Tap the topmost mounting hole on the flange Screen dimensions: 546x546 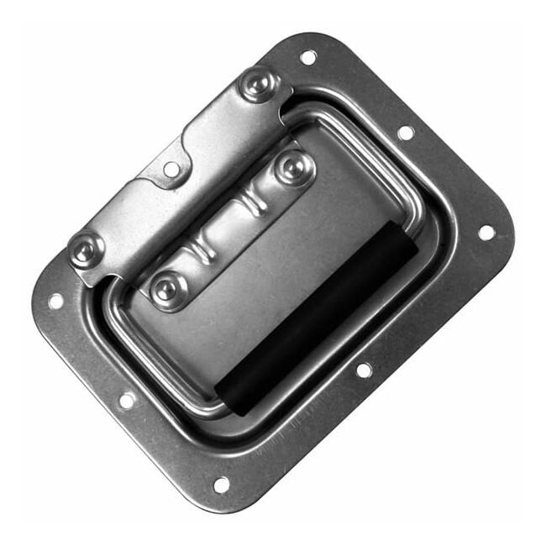pyautogui.click(x=308, y=57)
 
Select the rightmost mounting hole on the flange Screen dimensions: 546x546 pyautogui.click(x=486, y=232)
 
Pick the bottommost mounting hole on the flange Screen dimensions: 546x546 pyautogui.click(x=221, y=485)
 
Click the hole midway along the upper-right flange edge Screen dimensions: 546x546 pyautogui.click(x=405, y=133)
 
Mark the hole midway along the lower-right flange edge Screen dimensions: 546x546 pyautogui.click(x=364, y=370)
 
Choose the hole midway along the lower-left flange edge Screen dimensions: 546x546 pyautogui.click(x=127, y=401)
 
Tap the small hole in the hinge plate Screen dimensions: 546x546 pyautogui.click(x=171, y=169)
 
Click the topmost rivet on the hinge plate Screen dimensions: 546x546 pyautogui.click(x=258, y=84)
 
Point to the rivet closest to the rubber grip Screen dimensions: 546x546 pyautogui.click(x=293, y=167)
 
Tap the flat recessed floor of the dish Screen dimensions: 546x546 pyautogui.click(x=277, y=277)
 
